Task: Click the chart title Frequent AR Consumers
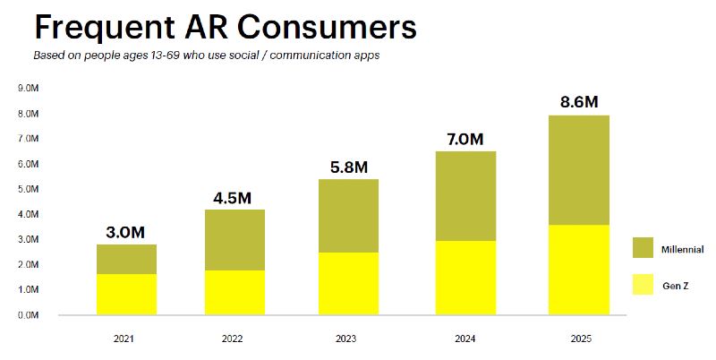click(226, 28)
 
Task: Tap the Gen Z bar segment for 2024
click(466, 278)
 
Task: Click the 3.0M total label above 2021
click(124, 232)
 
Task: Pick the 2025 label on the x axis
click(581, 339)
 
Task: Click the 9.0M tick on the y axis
click(28, 89)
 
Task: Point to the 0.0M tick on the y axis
click(28, 315)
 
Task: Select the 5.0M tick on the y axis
click(28, 190)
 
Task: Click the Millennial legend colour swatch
click(644, 248)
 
